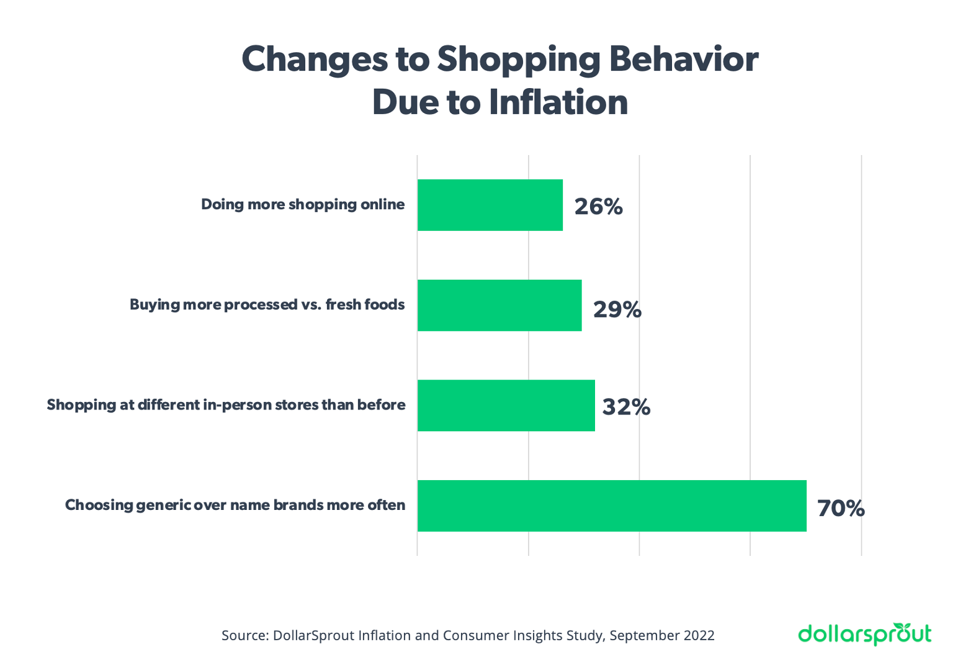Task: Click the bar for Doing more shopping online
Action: coord(490,205)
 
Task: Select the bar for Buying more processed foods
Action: coord(499,305)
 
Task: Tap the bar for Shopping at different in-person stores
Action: coord(506,406)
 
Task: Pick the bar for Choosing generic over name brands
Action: coord(612,506)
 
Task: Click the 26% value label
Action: coord(598,207)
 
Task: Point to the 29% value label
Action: coord(617,309)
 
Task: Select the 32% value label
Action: coord(626,407)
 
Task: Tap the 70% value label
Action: coord(841,508)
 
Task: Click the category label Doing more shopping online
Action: coord(303,205)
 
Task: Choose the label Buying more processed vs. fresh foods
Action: coord(267,305)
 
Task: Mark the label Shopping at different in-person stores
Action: coord(226,405)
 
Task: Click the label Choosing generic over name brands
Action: coord(235,505)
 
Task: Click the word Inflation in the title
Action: coord(558,102)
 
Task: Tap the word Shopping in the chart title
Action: coord(518,60)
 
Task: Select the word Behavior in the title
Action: coord(683,59)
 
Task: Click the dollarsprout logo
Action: coord(864,634)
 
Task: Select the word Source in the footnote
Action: coord(244,635)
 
